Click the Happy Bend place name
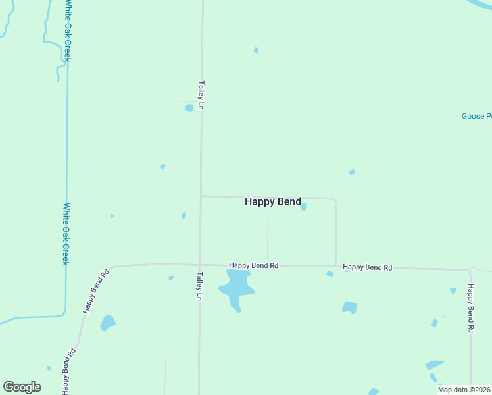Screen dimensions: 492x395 pos(273,202)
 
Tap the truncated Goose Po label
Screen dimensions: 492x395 pos(476,117)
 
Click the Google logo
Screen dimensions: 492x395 pos(22,386)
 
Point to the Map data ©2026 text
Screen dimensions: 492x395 pos(464,390)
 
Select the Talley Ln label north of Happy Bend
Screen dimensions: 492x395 pos(201,95)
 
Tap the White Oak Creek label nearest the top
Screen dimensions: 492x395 pos(68,31)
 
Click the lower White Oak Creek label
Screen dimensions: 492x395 pos(65,234)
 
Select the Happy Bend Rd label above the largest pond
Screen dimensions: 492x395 pos(253,265)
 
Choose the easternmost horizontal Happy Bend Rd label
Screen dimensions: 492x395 pos(367,267)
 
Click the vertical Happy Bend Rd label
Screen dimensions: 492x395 pos(471,307)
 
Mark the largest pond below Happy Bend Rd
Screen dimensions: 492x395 pos(235,287)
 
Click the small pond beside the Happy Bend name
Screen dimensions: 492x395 pos(303,207)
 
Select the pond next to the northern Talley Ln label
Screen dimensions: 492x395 pos(189,108)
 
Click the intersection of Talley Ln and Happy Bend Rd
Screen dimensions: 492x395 pos(200,265)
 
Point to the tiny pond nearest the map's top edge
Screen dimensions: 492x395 pos(256,50)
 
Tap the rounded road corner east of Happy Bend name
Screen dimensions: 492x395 pos(335,200)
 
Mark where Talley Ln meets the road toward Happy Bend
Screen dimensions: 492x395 pos(201,196)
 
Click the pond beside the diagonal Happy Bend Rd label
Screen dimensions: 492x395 pos(107,323)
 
